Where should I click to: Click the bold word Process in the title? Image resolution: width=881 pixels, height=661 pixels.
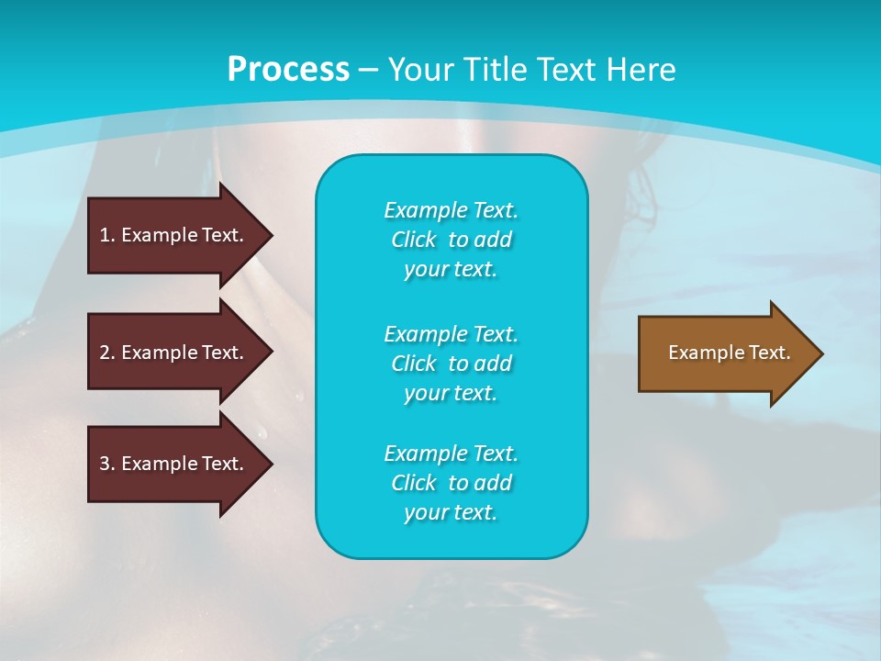click(288, 70)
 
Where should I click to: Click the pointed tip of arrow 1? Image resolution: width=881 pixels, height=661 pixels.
click(270, 235)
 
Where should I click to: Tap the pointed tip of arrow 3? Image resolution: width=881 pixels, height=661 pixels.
click(270, 464)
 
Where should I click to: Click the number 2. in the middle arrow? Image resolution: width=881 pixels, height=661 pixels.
click(107, 353)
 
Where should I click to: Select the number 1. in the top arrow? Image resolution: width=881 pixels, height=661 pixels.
click(107, 235)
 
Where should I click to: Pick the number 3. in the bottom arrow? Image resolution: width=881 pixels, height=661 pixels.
click(107, 464)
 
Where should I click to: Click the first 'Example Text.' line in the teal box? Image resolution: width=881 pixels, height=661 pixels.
click(451, 210)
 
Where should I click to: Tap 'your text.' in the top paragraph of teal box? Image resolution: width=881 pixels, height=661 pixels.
click(451, 270)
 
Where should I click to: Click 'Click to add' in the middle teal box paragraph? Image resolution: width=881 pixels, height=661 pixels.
click(451, 364)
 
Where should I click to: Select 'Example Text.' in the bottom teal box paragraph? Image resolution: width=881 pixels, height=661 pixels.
click(451, 454)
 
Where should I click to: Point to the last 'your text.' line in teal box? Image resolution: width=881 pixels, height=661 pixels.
click(451, 513)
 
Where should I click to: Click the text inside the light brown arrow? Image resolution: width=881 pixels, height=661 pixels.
click(729, 353)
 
